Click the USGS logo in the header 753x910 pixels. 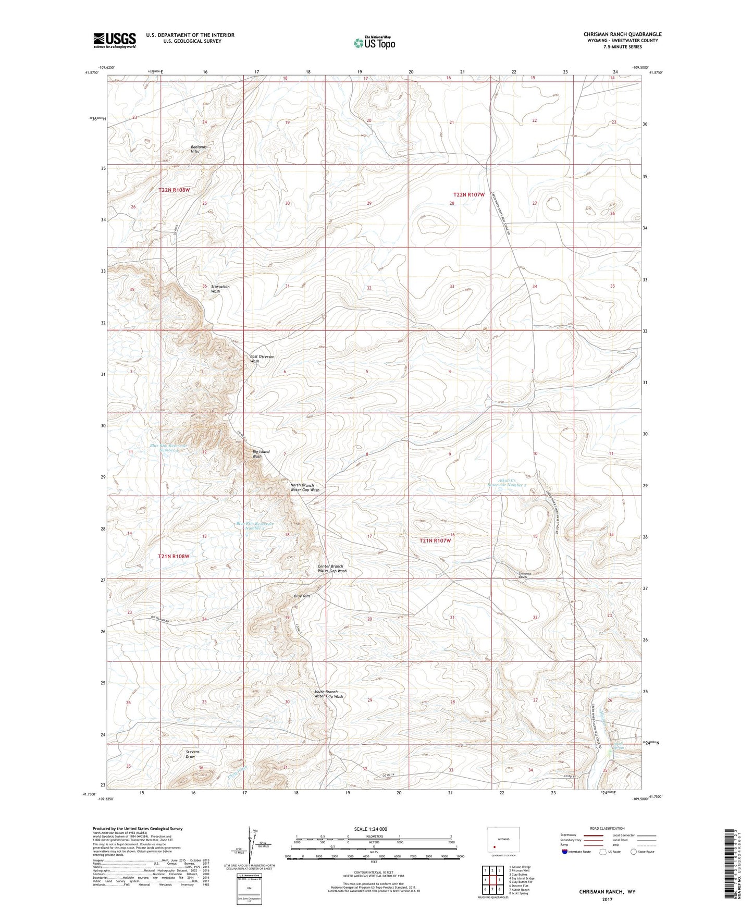115,40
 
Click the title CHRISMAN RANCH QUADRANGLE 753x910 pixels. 622,34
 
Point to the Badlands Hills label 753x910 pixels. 198,149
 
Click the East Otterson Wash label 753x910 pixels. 262,359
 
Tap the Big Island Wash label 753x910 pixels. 261,453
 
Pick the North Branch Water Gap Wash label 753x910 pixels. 305,487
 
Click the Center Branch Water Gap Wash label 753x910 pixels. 332,568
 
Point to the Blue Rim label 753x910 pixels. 302,596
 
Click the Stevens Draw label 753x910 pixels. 192,754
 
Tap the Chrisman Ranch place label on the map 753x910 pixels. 523,575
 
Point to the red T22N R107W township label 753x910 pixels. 472,194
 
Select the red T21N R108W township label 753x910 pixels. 174,556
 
